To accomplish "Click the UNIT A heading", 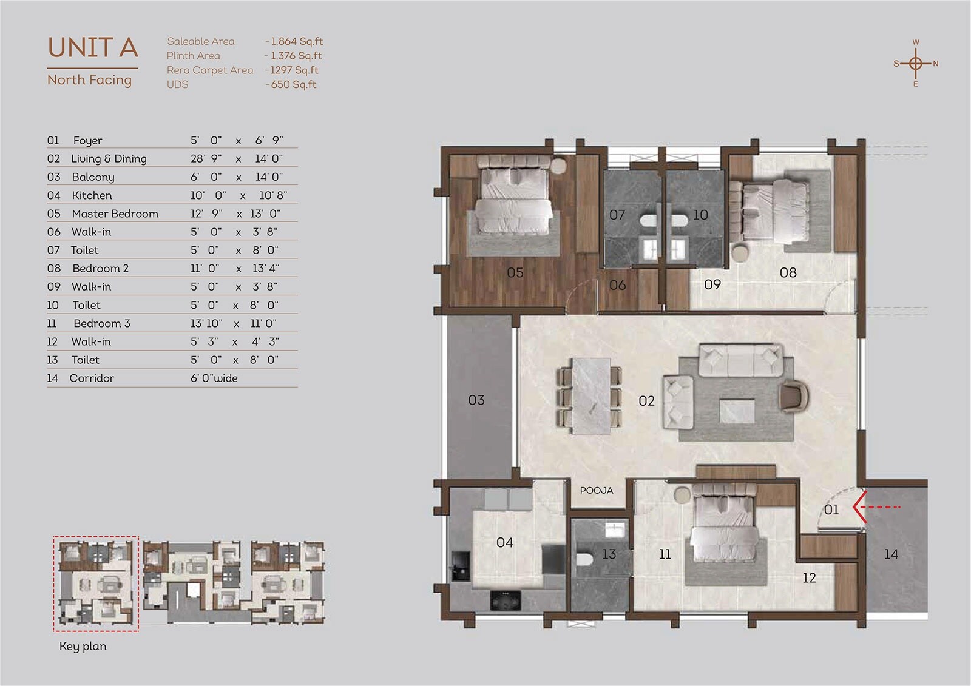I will (x=93, y=47).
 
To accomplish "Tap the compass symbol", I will (x=916, y=63).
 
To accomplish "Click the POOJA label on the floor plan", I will (x=597, y=490).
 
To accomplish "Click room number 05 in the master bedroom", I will (x=515, y=272).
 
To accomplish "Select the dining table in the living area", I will (x=590, y=395).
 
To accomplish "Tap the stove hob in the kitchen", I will (x=506, y=600).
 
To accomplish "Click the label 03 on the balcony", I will (x=476, y=400).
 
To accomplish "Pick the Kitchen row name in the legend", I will (x=92, y=195).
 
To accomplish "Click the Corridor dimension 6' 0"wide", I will (x=214, y=378).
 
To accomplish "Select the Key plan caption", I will (x=83, y=646).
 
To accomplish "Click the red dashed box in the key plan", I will (x=96, y=583).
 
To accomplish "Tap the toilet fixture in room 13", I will (x=584, y=559).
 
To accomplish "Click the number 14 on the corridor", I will (x=891, y=554).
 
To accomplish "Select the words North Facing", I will (x=89, y=79).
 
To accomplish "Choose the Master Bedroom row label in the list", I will (x=115, y=214).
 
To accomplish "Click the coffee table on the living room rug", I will (x=737, y=411).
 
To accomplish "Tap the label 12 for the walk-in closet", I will (x=809, y=578).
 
